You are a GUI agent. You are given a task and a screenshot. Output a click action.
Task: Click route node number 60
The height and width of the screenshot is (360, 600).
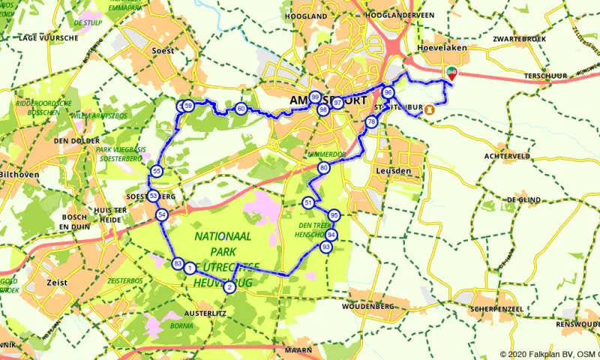(240, 109)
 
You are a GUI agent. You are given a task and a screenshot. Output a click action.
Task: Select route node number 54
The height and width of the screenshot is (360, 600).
(162, 215)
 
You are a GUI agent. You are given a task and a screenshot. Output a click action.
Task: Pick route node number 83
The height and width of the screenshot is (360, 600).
(178, 263)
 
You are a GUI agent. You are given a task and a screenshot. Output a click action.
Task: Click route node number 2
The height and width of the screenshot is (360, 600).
(229, 286)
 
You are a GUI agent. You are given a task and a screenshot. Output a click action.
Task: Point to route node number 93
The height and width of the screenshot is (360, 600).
(325, 247)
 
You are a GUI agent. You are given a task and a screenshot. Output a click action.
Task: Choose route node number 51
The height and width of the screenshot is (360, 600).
(308, 203)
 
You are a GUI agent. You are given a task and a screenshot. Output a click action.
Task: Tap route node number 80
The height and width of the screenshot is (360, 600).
(323, 168)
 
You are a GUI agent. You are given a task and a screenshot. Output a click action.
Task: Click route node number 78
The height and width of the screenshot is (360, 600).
(371, 122)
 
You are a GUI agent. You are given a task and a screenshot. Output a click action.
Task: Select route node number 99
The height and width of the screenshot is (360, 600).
(315, 97)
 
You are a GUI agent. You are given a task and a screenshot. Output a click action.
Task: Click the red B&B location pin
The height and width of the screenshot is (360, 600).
(451, 73)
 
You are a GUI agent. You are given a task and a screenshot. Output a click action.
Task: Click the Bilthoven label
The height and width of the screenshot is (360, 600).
(19, 174)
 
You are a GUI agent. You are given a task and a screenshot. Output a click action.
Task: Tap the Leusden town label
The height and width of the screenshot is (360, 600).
(391, 171)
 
